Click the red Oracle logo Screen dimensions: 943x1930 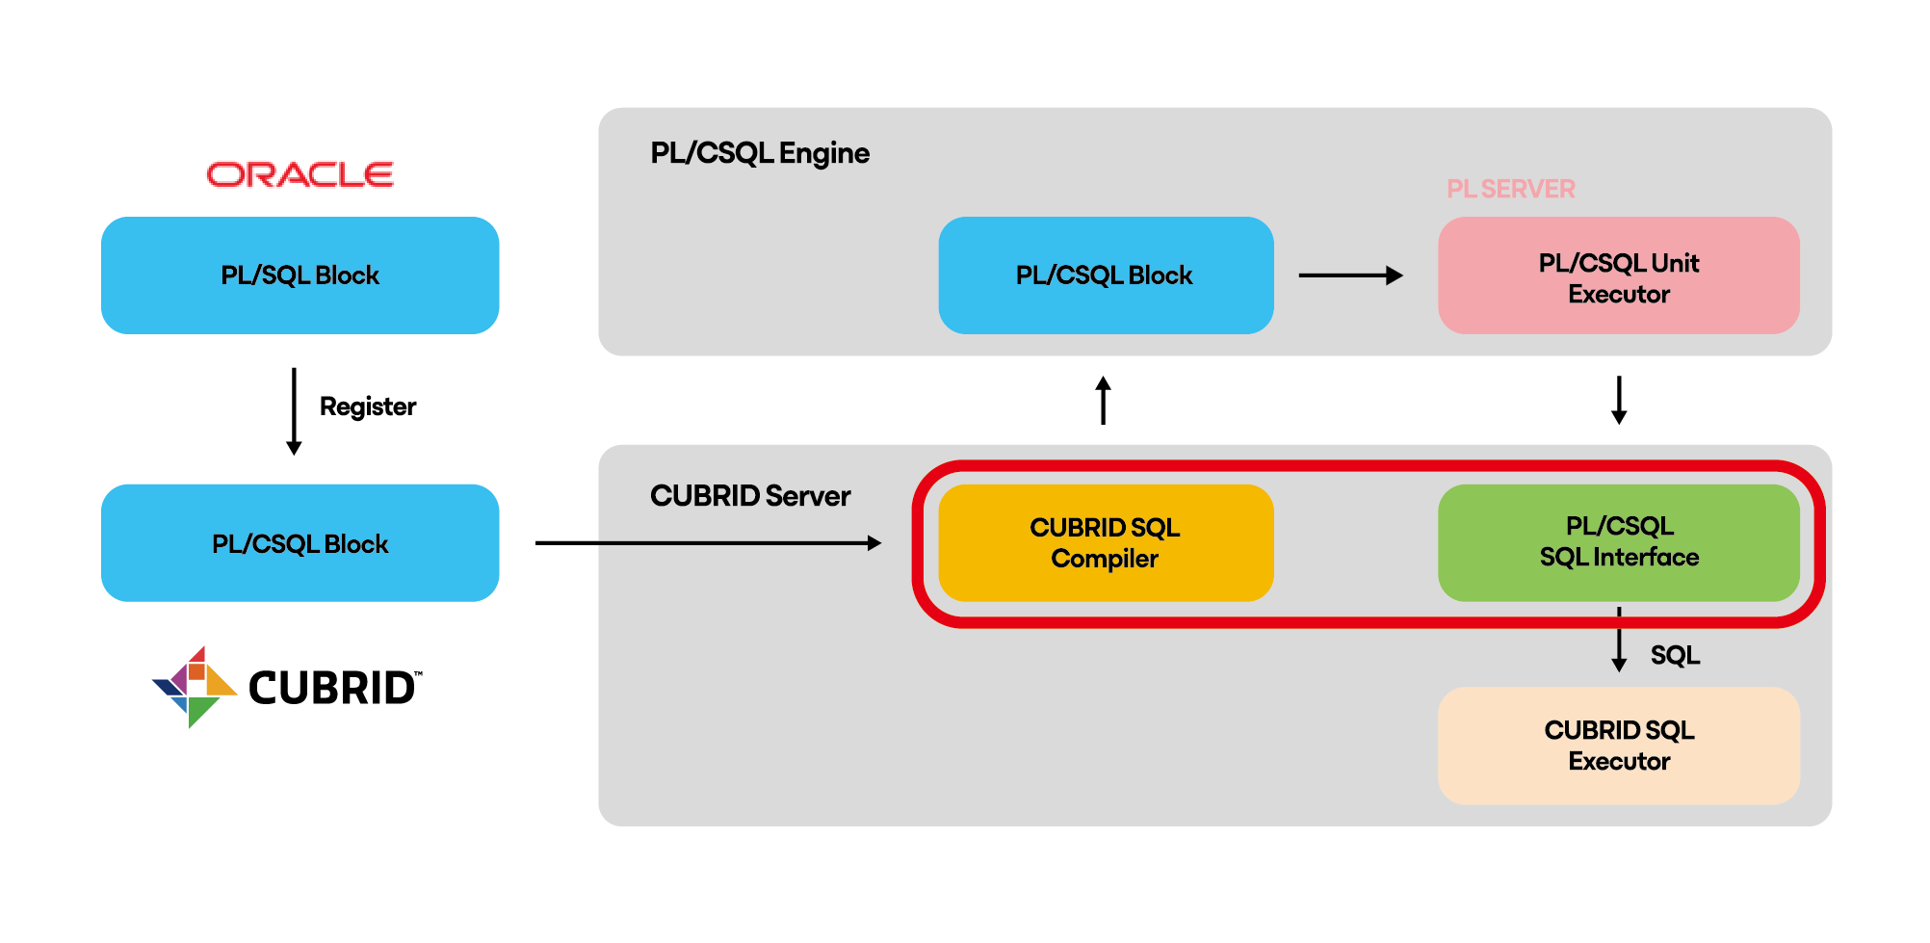coord(300,174)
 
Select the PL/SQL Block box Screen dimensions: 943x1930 coord(300,275)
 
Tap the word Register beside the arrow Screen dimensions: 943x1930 coord(367,406)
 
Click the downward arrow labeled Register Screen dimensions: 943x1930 coord(294,410)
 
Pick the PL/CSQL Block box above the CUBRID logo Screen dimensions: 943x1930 coord(300,543)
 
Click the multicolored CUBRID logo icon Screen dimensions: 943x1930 coord(194,687)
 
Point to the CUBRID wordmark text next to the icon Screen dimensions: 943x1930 coord(333,688)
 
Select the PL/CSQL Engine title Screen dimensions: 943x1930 coord(759,153)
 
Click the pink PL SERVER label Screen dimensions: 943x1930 coord(1510,189)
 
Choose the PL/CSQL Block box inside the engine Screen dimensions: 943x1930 coord(1105,275)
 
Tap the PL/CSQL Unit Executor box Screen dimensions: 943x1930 coord(1618,277)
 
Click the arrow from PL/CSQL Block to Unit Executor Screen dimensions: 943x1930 coord(1350,275)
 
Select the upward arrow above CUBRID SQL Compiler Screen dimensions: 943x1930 coord(1104,400)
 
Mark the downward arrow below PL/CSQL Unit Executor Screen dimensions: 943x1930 coord(1619,400)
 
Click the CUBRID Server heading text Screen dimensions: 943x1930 coord(749,496)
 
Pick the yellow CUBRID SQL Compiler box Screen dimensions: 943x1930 coord(1105,543)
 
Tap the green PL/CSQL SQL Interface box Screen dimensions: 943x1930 coord(1618,542)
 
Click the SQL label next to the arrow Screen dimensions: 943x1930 coord(1675,655)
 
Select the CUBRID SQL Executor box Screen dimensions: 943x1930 coord(1618,746)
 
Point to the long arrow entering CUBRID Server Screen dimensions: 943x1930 coord(708,543)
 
